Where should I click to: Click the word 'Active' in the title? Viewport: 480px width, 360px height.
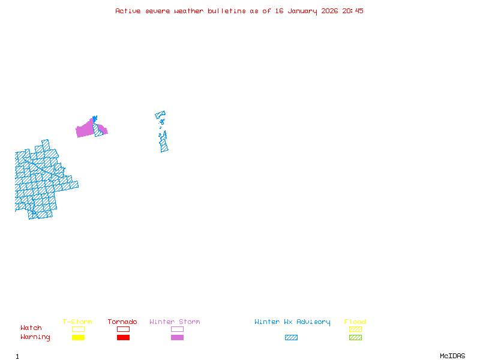pyautogui.click(x=128, y=11)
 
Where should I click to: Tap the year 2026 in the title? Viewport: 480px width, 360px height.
pyautogui.click(x=329, y=11)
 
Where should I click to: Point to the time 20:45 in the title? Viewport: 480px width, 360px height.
pyautogui.click(x=353, y=11)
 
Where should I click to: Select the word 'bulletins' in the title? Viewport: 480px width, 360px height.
pyautogui.click(x=227, y=11)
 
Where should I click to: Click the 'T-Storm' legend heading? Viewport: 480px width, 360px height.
pyautogui.click(x=77, y=322)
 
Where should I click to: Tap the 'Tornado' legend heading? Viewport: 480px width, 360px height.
pyautogui.click(x=122, y=322)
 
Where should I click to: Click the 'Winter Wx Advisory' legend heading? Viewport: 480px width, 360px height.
pyautogui.click(x=292, y=322)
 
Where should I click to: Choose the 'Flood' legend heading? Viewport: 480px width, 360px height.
pyautogui.click(x=355, y=322)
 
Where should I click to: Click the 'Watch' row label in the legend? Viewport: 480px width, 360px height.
pyautogui.click(x=31, y=328)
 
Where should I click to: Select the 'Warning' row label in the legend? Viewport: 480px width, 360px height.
pyautogui.click(x=35, y=337)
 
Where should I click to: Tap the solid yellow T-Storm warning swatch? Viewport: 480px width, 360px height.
pyautogui.click(x=78, y=338)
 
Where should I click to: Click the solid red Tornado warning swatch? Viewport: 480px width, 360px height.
pyautogui.click(x=123, y=338)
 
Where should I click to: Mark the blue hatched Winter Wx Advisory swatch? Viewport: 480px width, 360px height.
pyautogui.click(x=291, y=338)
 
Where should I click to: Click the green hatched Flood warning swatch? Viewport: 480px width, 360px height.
pyautogui.click(x=355, y=338)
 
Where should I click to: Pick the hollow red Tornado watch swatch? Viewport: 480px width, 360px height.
pyautogui.click(x=123, y=329)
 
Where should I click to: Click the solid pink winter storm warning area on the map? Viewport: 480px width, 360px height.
pyautogui.click(x=85, y=130)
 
